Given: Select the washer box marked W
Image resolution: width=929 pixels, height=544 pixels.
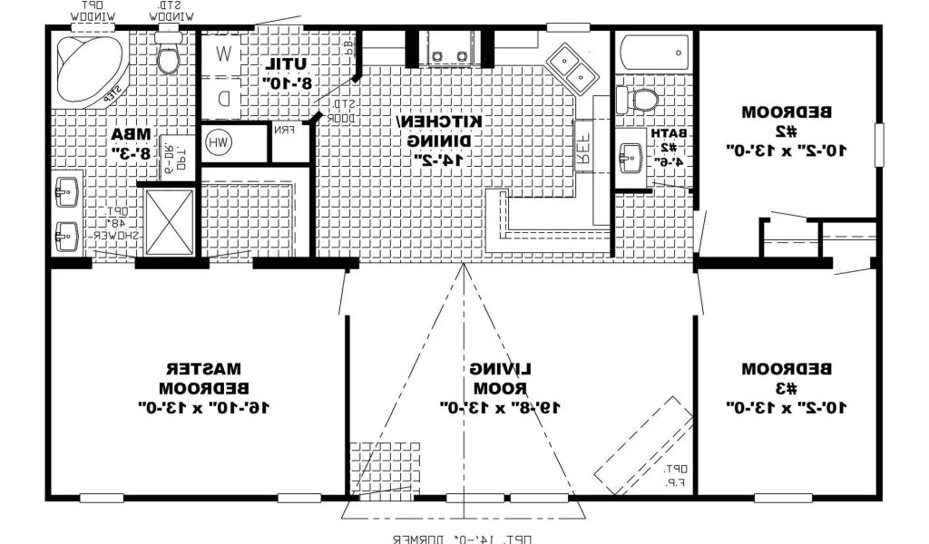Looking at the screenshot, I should (223, 53).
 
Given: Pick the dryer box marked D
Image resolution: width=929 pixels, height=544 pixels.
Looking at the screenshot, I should (223, 97).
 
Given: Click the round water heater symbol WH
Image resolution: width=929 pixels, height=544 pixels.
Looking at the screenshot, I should (218, 141).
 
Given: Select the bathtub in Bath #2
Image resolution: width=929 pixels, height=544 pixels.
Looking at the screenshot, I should (653, 52).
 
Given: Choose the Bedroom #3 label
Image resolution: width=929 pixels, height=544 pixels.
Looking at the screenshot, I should (787, 388).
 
